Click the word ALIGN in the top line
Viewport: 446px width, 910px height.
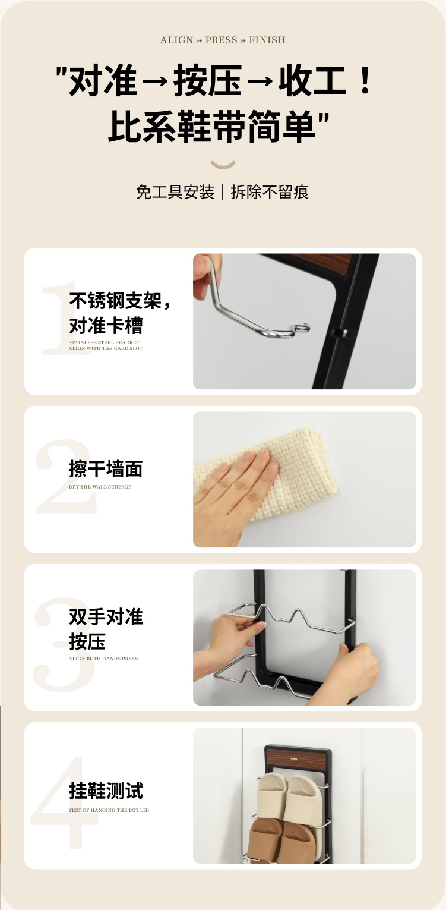click(x=176, y=40)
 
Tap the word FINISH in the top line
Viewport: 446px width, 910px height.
click(x=267, y=40)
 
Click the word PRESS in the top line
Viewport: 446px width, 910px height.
click(x=221, y=40)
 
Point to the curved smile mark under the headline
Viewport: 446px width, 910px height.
click(x=223, y=165)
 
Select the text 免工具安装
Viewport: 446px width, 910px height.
click(x=175, y=192)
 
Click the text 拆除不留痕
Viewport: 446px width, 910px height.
click(x=270, y=192)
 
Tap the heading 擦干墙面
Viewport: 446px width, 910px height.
click(x=106, y=469)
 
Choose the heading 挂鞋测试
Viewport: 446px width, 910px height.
click(x=106, y=791)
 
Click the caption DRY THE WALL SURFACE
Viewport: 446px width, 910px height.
click(x=100, y=487)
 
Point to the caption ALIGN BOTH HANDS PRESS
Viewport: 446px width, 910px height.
click(x=103, y=659)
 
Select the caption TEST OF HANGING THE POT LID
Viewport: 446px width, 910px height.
click(x=109, y=810)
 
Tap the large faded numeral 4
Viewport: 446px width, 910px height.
click(x=64, y=802)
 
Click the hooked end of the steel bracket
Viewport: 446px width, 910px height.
click(x=301, y=328)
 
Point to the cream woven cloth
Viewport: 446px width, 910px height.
click(x=284, y=471)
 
